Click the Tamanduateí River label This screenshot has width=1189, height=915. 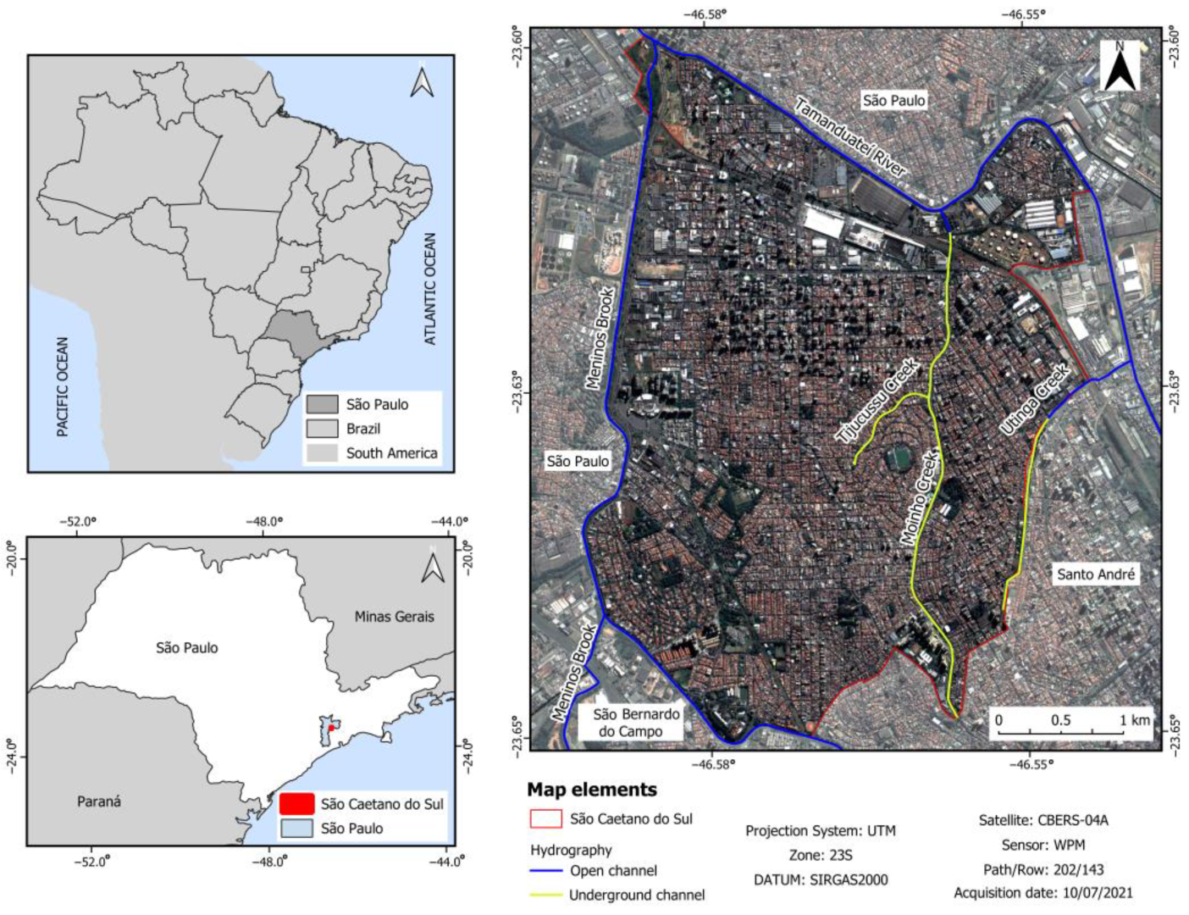click(x=850, y=138)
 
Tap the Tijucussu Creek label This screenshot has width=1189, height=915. click(x=877, y=401)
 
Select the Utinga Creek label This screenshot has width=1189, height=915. click(x=1035, y=400)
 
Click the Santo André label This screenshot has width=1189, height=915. click(x=1096, y=574)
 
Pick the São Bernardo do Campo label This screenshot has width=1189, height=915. click(x=631, y=723)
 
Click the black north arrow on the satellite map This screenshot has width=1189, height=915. click(x=1120, y=68)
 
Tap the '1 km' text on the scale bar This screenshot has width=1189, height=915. click(x=1135, y=720)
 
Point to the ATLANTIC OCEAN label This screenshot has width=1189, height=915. click(x=430, y=289)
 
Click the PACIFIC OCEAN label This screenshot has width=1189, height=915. click(x=62, y=387)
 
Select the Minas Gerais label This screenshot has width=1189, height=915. click(x=394, y=617)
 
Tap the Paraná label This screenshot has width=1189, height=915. click(x=99, y=801)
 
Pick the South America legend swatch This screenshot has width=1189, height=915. click(x=322, y=453)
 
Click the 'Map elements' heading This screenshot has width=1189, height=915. click(x=592, y=790)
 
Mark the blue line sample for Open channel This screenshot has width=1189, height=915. click(x=546, y=871)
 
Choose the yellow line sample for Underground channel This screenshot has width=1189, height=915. click(x=546, y=896)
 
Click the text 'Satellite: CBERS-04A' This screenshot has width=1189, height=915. click(x=1043, y=820)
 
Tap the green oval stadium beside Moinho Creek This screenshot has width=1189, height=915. click(x=898, y=458)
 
